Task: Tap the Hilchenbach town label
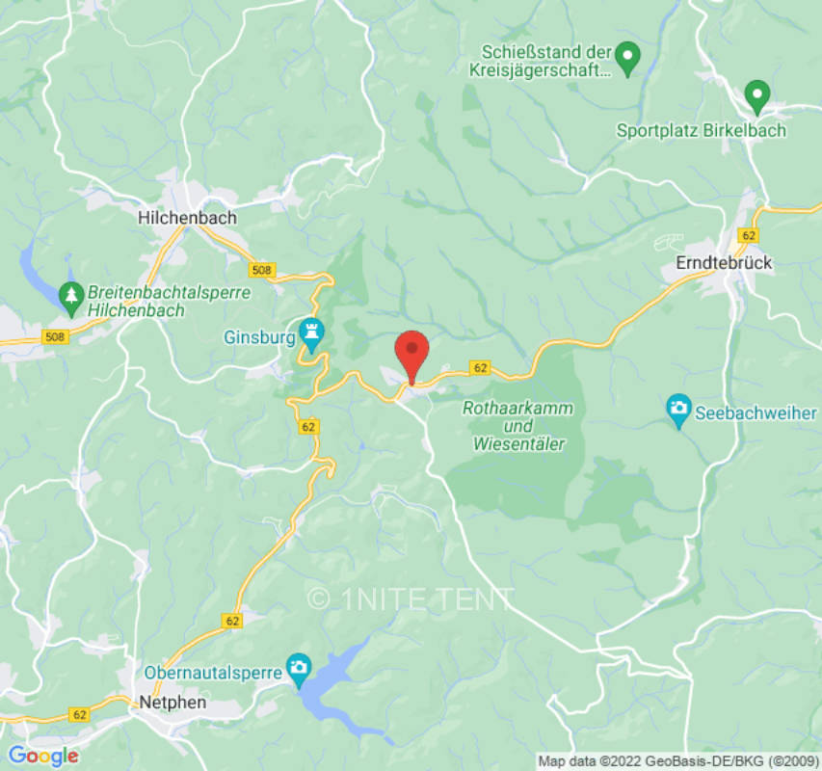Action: (x=187, y=218)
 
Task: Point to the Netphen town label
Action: (x=172, y=702)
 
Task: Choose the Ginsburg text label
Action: (x=257, y=338)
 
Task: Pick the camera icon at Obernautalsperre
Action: (x=299, y=666)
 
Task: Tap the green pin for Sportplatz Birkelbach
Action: (x=757, y=96)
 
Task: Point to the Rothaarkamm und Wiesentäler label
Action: (x=518, y=426)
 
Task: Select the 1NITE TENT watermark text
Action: (x=411, y=598)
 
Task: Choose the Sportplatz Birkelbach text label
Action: (x=702, y=130)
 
